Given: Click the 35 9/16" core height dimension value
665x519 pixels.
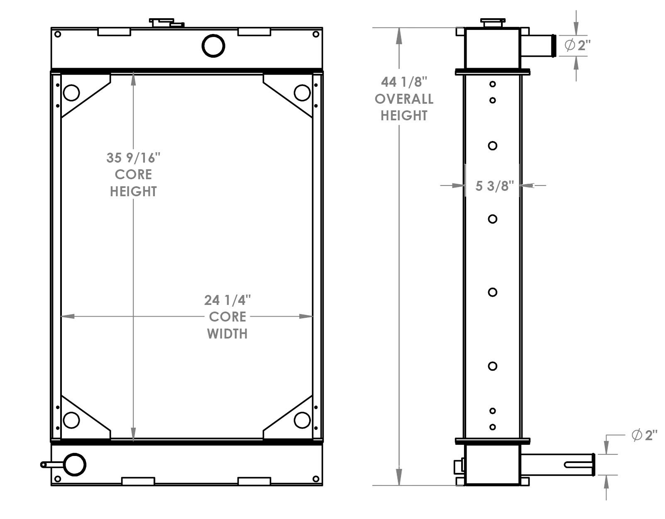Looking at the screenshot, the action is [133, 158].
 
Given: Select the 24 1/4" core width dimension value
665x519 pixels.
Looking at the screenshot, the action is [227, 300].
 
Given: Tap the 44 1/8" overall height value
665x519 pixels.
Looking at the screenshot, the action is [403, 82].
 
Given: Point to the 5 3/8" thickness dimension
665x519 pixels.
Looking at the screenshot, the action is [494, 186].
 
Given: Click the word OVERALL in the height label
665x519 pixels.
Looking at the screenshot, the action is [404, 99].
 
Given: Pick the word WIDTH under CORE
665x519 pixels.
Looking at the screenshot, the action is [227, 334].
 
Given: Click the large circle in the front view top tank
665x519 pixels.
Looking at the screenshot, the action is [213, 46].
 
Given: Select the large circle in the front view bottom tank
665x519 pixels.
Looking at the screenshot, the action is [74, 465].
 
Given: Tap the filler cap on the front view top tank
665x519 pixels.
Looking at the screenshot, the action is [166, 23].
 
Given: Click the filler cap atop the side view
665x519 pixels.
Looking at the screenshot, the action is [492, 23].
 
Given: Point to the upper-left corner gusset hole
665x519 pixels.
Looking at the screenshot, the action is [71, 93].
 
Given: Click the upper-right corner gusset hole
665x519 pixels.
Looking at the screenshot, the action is [302, 93].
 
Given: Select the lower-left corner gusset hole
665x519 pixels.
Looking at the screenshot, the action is [71, 420].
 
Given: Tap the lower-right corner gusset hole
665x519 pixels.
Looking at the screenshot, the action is [302, 420].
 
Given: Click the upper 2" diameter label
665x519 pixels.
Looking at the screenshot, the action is [577, 46].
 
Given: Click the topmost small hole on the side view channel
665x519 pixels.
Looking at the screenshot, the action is [492, 84].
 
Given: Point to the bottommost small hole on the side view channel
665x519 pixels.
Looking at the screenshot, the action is [492, 427].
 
